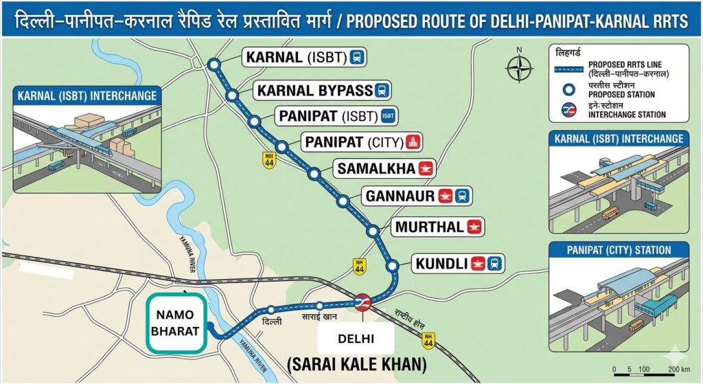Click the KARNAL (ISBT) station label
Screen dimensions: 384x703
[304, 58]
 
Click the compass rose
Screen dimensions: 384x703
[520, 68]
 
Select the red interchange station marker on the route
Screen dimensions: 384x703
[362, 302]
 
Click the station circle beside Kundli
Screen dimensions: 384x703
[393, 265]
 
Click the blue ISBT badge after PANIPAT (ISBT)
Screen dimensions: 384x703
[388, 115]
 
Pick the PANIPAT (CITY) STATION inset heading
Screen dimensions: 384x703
[619, 249]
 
